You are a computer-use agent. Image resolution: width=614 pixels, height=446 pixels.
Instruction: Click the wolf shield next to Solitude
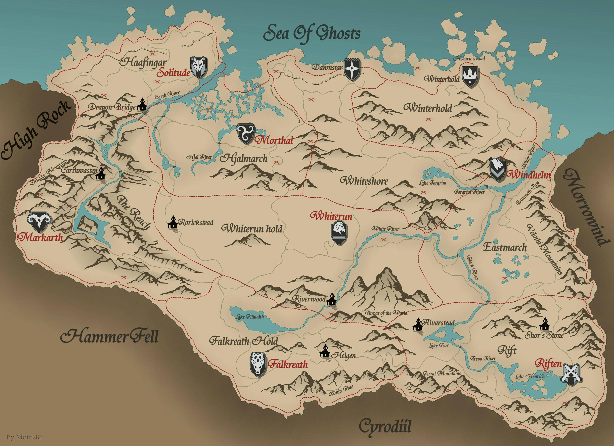pos(199,67)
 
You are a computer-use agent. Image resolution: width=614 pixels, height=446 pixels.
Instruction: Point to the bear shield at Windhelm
pos(497,170)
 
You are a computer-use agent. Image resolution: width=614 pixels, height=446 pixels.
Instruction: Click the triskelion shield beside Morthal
pos(245,134)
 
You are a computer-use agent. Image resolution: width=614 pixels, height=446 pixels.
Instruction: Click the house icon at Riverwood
pos(331,299)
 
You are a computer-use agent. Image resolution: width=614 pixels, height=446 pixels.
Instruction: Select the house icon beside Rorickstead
pos(172,223)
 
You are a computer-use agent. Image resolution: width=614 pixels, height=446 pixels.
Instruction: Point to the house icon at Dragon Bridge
pos(142,105)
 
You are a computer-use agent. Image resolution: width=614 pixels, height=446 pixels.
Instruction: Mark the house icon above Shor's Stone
pos(544,324)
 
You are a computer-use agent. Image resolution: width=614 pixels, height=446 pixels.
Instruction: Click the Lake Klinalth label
pos(250,316)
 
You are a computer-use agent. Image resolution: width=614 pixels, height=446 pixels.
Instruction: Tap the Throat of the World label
pos(386,313)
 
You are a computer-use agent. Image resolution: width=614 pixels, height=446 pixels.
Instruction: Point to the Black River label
pos(472,267)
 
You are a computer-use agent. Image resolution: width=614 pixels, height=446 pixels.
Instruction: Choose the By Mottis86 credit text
pos(24,437)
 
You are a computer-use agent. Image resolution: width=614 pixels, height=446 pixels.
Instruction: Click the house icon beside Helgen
pos(325,352)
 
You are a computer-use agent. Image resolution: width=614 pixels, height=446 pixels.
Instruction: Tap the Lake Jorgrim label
pos(433,183)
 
